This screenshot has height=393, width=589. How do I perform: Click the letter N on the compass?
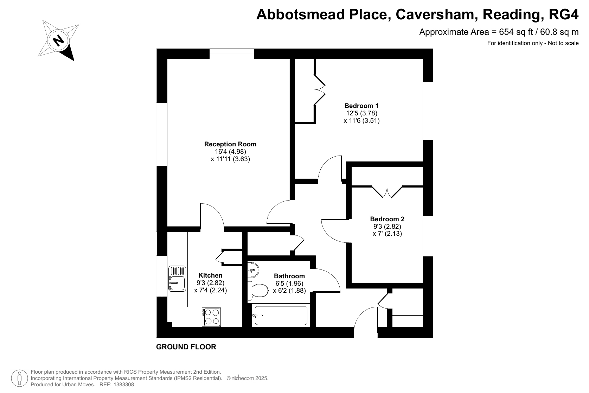pyautogui.click(x=58, y=40)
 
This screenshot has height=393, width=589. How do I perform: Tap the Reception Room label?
pyautogui.click(x=230, y=144)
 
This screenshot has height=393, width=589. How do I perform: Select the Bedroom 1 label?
pyautogui.click(x=361, y=106)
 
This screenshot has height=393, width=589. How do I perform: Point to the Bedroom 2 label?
pyautogui.click(x=387, y=219)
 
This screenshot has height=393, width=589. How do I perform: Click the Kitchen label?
pyautogui.click(x=210, y=275)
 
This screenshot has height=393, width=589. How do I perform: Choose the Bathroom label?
pyautogui.click(x=289, y=276)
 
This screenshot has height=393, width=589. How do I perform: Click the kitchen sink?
pyautogui.click(x=177, y=279)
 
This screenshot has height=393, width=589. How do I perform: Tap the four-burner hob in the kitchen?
pyautogui.click(x=211, y=317)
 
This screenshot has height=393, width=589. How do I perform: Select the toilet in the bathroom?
pyautogui.click(x=258, y=291)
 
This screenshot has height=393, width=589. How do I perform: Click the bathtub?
pyautogui.click(x=281, y=315)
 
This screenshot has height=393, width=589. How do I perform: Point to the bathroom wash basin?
pyautogui.click(x=253, y=270)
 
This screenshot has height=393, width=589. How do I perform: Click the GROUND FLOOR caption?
pyautogui.click(x=186, y=347)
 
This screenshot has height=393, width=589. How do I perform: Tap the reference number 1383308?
pyautogui.click(x=123, y=385)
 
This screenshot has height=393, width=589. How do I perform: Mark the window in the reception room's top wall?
pyautogui.click(x=232, y=54)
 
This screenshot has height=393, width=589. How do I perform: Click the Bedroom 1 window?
pyautogui.click(x=428, y=111)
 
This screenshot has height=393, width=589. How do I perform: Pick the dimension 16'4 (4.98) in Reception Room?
pyautogui.click(x=230, y=152)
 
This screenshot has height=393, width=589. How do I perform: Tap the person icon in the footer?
pyautogui.click(x=19, y=378)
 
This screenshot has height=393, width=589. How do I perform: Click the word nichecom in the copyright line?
pyautogui.click(x=243, y=378)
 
